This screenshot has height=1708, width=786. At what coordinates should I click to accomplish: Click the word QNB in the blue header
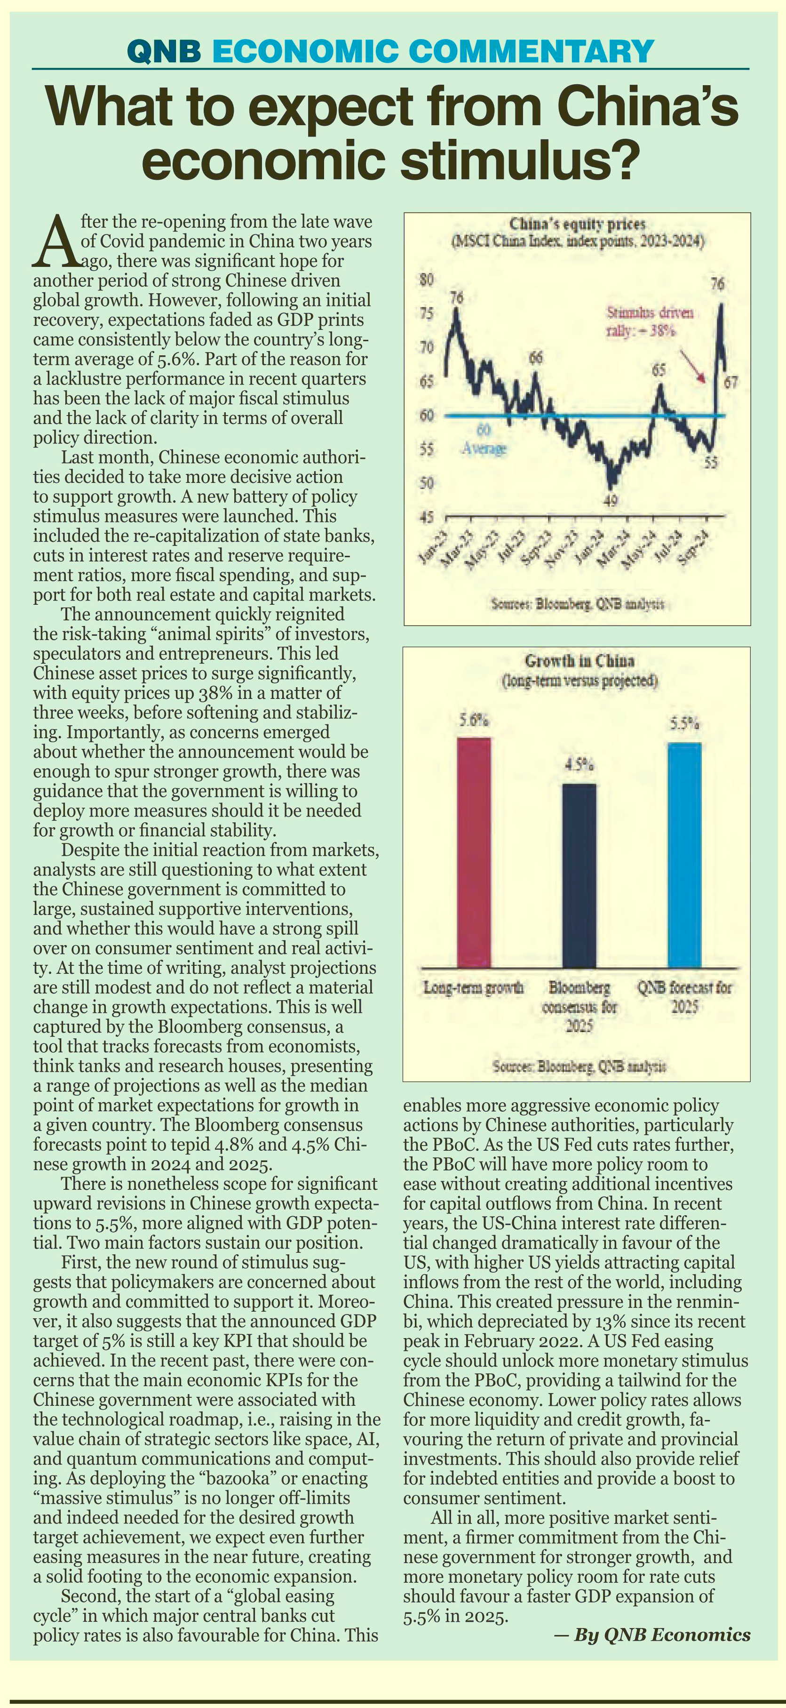pyautogui.click(x=164, y=51)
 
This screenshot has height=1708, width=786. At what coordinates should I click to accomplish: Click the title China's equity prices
pyautogui.click(x=577, y=224)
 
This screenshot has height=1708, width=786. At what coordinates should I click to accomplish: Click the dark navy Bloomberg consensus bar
pyautogui.click(x=579, y=875)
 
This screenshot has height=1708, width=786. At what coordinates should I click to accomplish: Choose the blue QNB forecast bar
pyautogui.click(x=684, y=855)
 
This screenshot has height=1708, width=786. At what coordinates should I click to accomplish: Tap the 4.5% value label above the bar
pyautogui.click(x=579, y=764)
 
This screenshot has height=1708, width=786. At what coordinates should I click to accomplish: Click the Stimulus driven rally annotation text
pyautogui.click(x=650, y=321)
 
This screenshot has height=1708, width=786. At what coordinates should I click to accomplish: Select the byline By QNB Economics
pyautogui.click(x=652, y=1635)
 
